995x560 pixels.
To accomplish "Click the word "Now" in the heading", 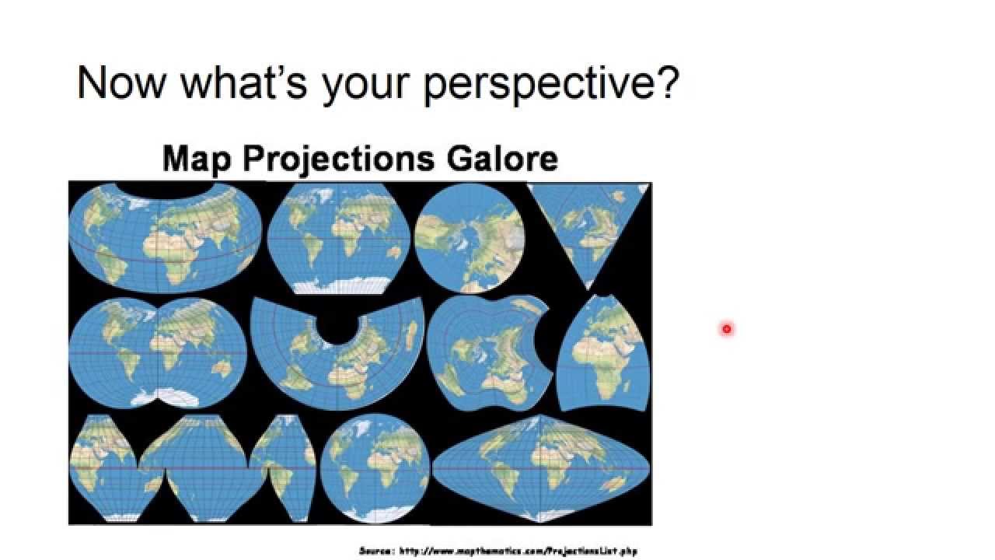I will coord(120,82).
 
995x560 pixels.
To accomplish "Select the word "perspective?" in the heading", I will coord(551,83).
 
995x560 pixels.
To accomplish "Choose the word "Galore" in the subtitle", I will coord(501,158).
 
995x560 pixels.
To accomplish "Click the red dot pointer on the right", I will coord(726,329).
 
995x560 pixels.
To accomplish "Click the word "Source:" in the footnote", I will coord(377,551).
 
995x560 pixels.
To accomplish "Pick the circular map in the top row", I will coord(470,238).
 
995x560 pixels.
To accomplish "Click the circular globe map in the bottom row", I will coord(375,467).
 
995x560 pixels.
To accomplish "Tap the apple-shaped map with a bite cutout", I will coord(488,352).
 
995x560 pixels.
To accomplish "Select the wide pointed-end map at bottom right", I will coord(541,469).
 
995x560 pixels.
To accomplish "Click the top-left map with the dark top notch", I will coord(166,237).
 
